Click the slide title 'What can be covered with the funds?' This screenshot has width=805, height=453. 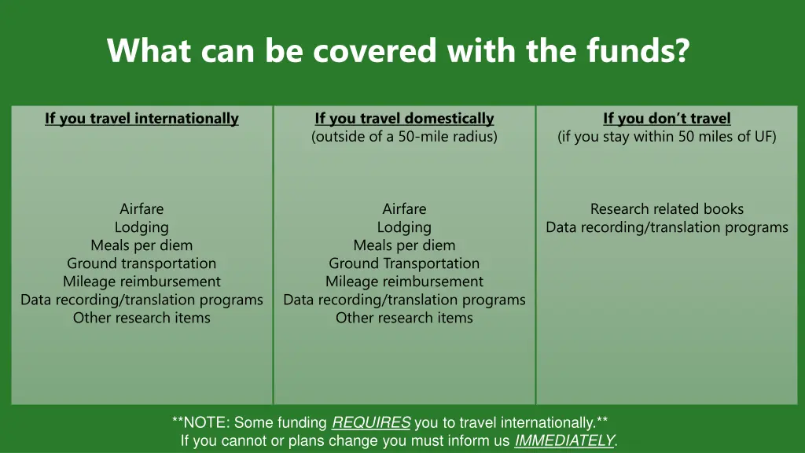click(398, 51)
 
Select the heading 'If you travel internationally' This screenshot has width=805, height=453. click(142, 119)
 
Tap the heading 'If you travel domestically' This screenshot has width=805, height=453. click(404, 119)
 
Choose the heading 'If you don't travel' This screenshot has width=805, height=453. click(667, 119)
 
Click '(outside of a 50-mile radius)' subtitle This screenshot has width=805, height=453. click(404, 137)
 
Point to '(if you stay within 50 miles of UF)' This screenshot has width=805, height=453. click(667, 137)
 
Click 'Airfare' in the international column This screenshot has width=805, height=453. click(142, 209)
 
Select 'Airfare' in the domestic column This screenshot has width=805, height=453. click(404, 209)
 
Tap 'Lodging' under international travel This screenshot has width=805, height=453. click(142, 227)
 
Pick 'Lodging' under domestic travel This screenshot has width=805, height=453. click(404, 227)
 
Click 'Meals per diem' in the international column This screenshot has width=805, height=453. click(142, 245)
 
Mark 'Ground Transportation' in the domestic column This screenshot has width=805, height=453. click(404, 263)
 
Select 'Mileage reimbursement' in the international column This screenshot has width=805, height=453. click(142, 282)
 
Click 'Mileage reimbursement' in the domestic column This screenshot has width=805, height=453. click(404, 282)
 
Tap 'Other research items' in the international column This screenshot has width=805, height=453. click(142, 318)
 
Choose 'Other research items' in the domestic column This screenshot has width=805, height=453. click(404, 318)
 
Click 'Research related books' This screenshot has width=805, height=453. click(667, 209)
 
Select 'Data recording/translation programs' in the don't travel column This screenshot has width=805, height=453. click(667, 227)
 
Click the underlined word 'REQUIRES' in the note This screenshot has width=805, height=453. click(371, 423)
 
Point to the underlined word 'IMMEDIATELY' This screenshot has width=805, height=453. click(564, 441)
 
